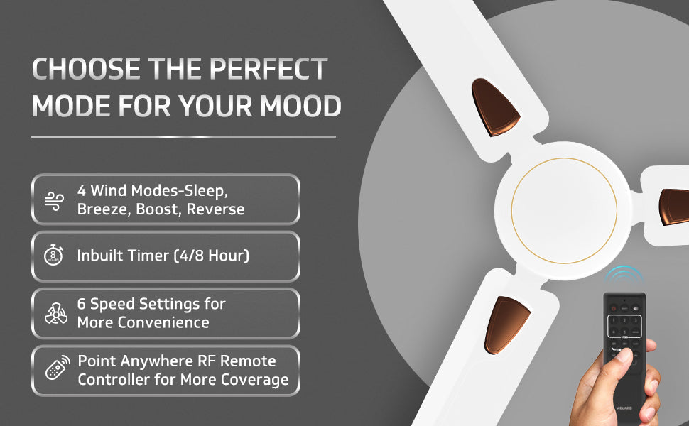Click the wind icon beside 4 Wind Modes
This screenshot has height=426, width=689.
coord(54,200)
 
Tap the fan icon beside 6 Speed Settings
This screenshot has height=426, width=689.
coord(54,313)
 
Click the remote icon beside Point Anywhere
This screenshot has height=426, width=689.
coord(55,370)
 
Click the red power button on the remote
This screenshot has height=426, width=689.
coord(613,307)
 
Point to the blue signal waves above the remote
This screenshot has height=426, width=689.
coord(625,275)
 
